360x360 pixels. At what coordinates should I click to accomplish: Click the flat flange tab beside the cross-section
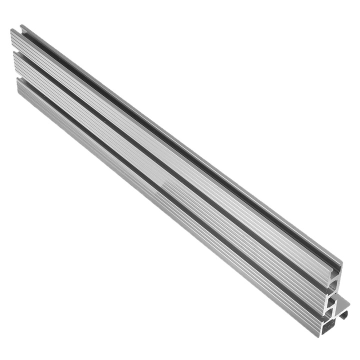tap(343, 302)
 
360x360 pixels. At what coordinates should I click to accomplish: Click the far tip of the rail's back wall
tap(21, 26)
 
